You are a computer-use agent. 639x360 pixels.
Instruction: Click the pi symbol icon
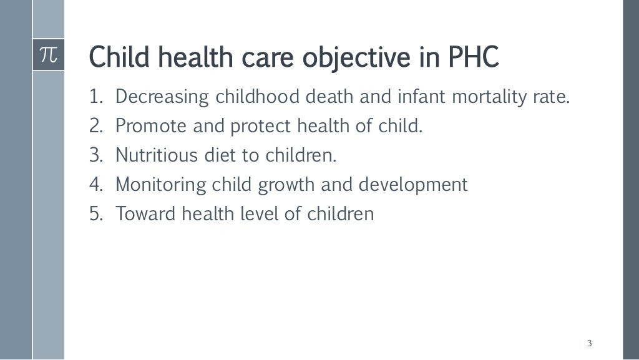pyautogui.click(x=48, y=56)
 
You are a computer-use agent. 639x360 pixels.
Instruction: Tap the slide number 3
pyautogui.click(x=590, y=343)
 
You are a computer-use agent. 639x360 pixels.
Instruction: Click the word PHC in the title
pyautogui.click(x=474, y=58)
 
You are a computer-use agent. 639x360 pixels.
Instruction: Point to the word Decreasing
pyautogui.click(x=163, y=97)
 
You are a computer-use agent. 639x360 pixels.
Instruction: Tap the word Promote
pyautogui.click(x=151, y=127)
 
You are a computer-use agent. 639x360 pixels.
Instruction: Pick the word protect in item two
pyautogui.click(x=261, y=127)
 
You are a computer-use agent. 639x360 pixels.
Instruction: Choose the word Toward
pyautogui.click(x=145, y=214)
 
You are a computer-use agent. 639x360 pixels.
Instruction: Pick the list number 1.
pyautogui.click(x=94, y=97)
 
